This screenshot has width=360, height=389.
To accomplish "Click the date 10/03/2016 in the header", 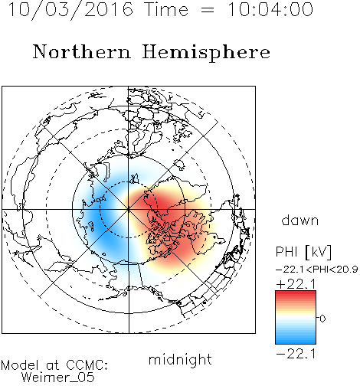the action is [70, 10].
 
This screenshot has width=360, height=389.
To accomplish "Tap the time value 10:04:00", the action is [270, 9].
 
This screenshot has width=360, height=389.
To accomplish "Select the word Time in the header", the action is [166, 9].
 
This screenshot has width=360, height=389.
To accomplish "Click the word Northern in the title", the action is [82, 51].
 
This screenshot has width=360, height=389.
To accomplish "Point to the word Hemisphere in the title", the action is [206, 53].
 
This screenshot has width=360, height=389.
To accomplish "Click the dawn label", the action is [300, 220].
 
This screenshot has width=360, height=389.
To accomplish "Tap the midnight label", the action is [180, 359].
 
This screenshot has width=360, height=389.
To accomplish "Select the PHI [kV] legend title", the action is [303, 252].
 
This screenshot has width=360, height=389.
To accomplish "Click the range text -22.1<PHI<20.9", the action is [317, 270].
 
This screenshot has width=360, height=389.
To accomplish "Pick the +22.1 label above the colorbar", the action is [296, 284].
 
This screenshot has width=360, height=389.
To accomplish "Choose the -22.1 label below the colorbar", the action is [296, 354].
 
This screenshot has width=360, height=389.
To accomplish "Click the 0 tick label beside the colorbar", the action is [322, 319].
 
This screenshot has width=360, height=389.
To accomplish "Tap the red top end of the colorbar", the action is [296, 293].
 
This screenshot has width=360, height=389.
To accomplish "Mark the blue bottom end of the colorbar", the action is [296, 342].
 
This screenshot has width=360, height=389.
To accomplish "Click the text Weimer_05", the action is [58, 378].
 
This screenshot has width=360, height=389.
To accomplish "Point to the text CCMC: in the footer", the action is [87, 365].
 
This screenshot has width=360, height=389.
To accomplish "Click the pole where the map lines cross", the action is [129, 209].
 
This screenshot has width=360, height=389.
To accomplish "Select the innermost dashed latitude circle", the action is [129, 181].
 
